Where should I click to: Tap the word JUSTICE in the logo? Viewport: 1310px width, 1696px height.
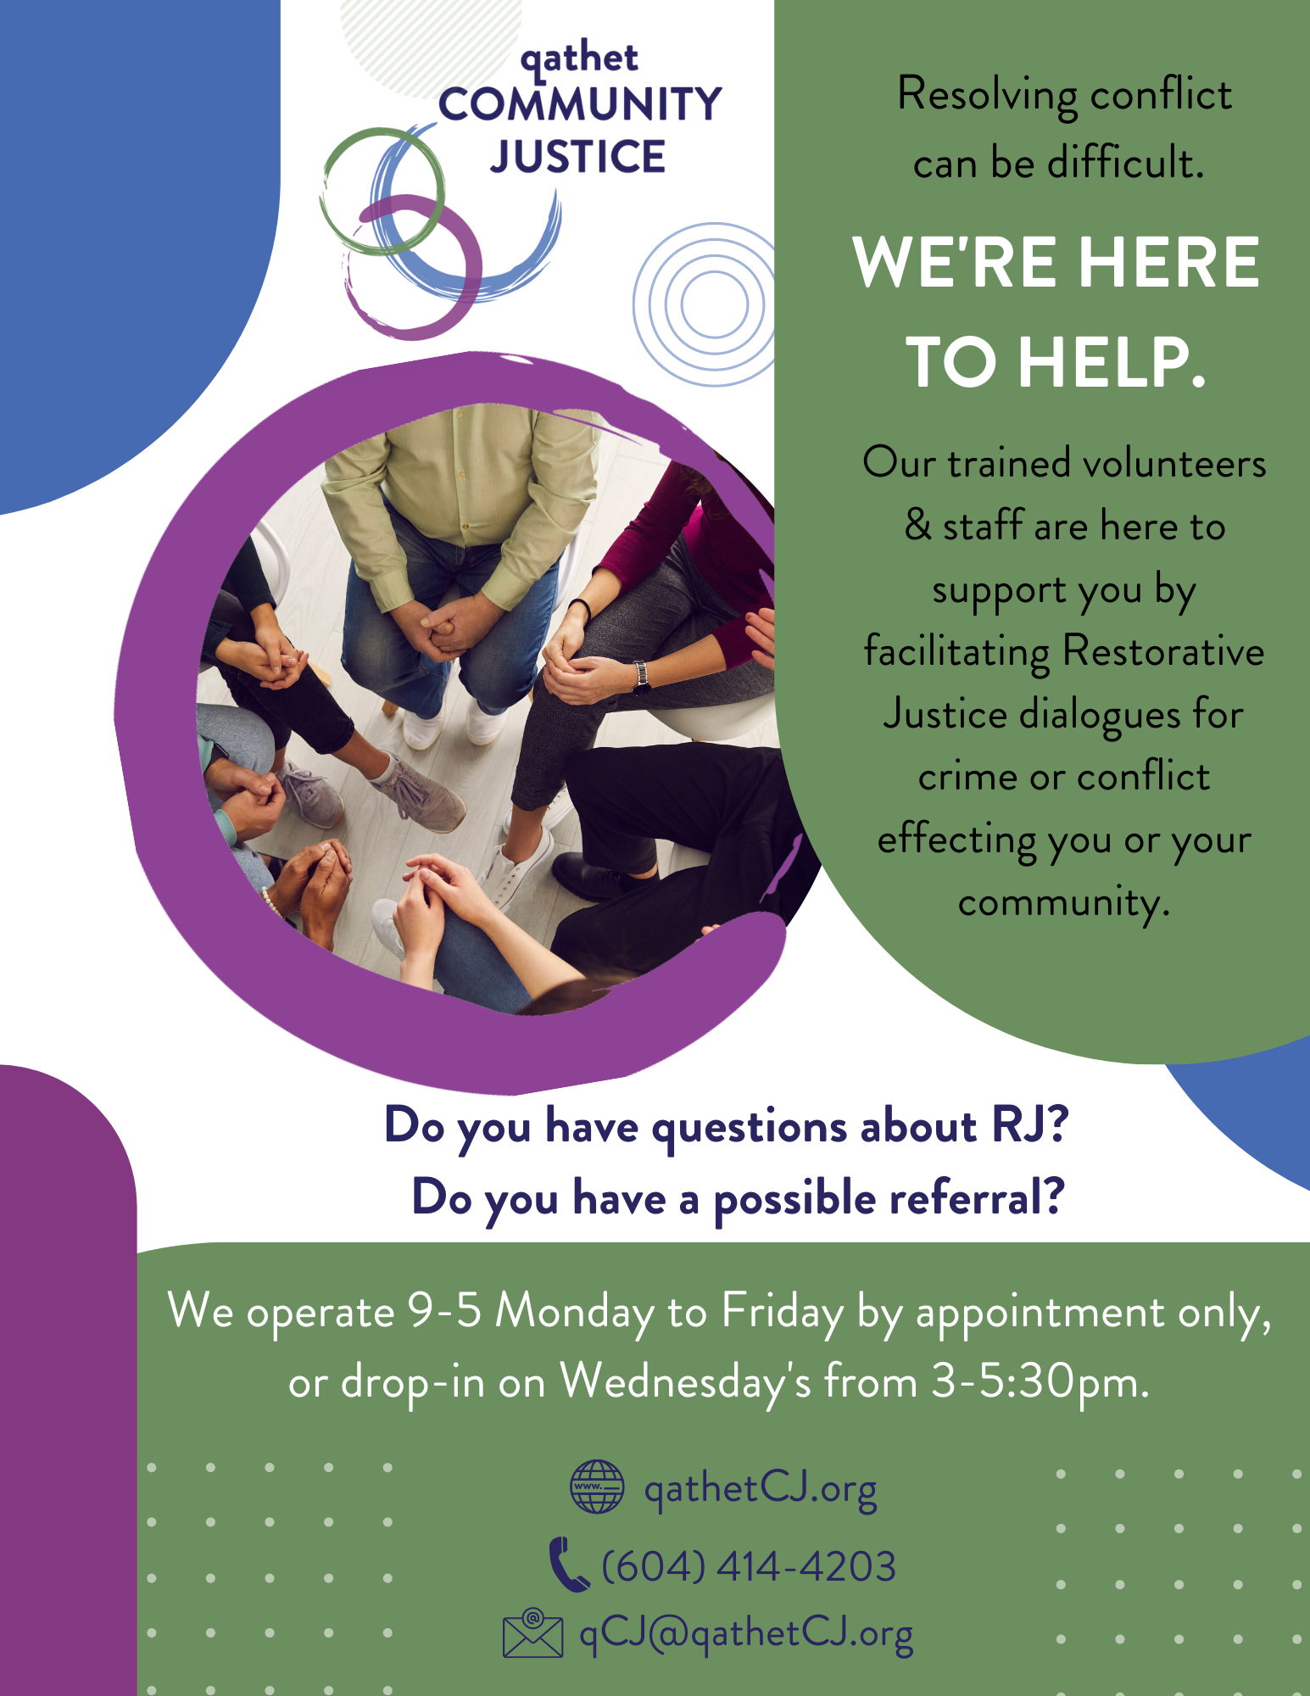click(x=578, y=157)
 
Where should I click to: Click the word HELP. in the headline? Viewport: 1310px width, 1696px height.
click(x=1112, y=362)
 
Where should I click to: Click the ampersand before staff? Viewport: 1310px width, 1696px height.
click(x=917, y=525)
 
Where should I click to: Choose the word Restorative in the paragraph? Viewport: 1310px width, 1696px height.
click(x=1163, y=651)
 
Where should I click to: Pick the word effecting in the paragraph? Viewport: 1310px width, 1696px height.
click(x=956, y=840)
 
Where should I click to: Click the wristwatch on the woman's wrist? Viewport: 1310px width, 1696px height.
click(x=642, y=674)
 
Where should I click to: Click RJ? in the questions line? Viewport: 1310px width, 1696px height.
click(x=1030, y=1125)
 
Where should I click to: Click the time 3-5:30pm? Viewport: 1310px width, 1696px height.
click(x=1040, y=1383)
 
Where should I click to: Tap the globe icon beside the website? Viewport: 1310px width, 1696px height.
click(x=597, y=1487)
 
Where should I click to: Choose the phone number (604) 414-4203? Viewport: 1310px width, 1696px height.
click(x=749, y=1565)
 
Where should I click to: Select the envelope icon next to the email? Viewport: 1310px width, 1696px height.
click(x=532, y=1632)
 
